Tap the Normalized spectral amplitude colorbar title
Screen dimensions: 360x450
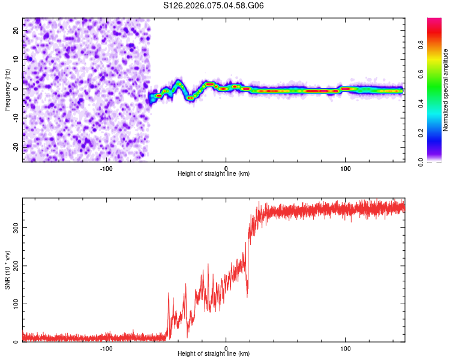[445, 90]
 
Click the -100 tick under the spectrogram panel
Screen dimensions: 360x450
[106, 169]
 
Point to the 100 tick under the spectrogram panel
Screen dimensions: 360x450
[345, 169]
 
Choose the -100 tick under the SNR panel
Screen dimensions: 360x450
[106, 349]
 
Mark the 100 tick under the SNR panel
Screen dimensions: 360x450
[345, 349]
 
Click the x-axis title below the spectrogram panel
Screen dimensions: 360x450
[214, 174]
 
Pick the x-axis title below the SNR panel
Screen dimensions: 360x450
[214, 354]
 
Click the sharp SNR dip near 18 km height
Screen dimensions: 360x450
[247, 296]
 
